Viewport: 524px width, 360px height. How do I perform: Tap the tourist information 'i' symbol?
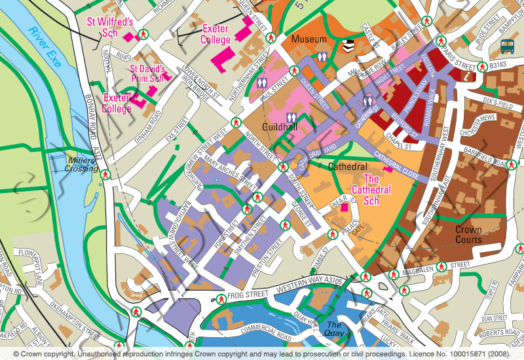coord(468,77)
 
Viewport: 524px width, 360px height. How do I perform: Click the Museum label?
coord(309,40)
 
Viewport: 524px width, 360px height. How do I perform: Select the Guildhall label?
coord(280,126)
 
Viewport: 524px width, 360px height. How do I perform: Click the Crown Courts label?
coord(468,235)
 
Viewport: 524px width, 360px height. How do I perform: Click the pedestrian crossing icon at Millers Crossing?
coord(104,174)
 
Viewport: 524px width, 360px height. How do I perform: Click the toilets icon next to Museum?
coord(320,57)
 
